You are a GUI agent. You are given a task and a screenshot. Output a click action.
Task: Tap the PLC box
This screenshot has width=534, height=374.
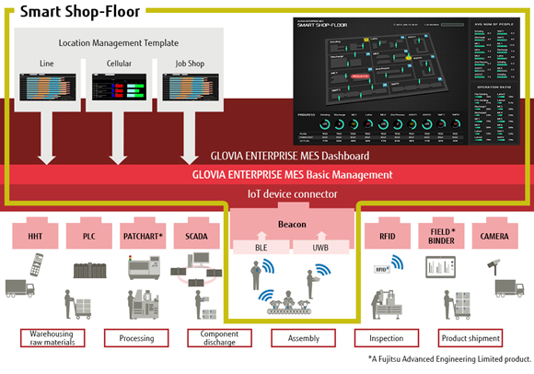pyautogui.click(x=89, y=234)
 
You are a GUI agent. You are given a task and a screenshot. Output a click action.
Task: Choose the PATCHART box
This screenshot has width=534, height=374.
pyautogui.click(x=142, y=234)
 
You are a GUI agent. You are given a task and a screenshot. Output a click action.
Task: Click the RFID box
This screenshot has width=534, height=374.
pyautogui.click(x=388, y=234)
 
